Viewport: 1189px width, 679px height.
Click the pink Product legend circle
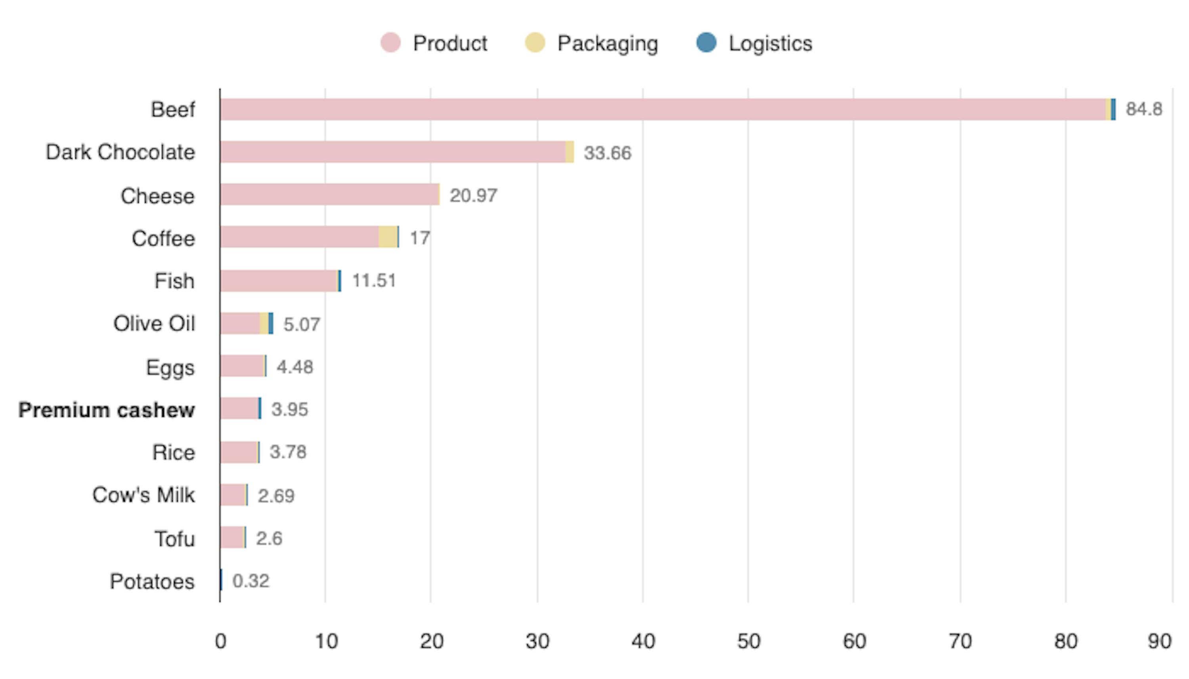390,43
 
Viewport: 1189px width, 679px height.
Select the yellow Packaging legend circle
535,43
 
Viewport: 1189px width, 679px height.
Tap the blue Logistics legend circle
706,43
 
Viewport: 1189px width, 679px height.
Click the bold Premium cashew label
106,410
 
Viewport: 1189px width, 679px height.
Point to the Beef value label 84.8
1144,109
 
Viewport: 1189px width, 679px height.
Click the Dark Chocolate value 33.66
607,153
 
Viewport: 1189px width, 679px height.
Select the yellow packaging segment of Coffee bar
388,237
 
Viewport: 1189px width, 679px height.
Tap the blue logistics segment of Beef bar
1113,110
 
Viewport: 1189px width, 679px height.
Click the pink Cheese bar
329,195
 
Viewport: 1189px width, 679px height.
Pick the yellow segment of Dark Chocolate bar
570,152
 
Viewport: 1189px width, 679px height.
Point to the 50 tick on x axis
748,642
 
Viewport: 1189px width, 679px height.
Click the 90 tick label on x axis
1159,642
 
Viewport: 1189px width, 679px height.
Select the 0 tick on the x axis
220,642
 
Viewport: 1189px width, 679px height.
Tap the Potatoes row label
152,582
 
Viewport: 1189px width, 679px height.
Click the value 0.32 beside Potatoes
250,581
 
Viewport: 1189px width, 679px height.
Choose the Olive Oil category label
154,324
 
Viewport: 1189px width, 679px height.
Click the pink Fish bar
279,281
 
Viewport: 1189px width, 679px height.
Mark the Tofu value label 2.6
269,539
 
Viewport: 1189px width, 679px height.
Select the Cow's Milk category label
143,495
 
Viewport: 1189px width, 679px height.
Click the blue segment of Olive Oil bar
271,323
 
